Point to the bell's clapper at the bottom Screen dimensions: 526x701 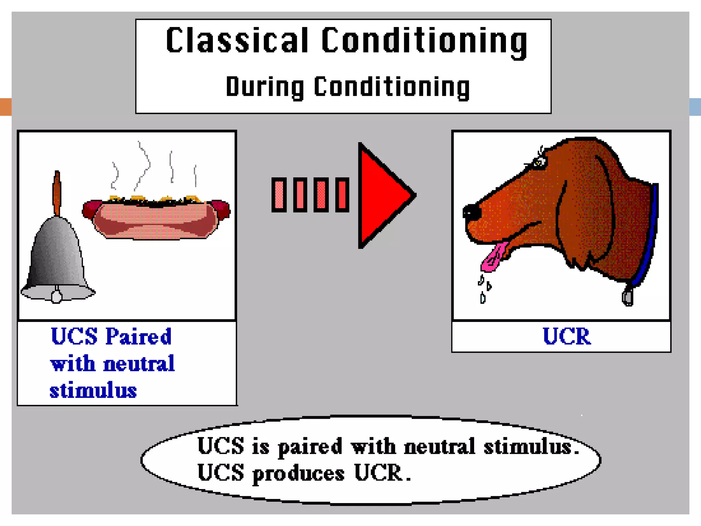coord(56,296)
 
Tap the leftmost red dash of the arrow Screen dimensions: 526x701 coord(279,195)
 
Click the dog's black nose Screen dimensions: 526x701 coord(471,212)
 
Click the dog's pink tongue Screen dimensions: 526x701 coord(494,257)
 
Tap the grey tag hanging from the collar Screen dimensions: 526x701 coord(627,297)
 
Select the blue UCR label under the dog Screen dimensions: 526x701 coord(566,336)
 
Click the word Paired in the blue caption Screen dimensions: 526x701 coord(138,336)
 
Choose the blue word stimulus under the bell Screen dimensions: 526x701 coord(93,390)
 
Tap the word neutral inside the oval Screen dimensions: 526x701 coord(439,447)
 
